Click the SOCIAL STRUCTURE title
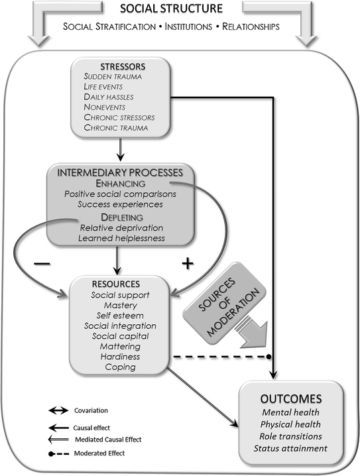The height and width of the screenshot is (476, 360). pyautogui.click(x=180, y=9)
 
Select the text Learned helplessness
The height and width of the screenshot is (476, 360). pyautogui.click(x=120, y=238)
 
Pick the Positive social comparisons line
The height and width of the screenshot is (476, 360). pyautogui.click(x=120, y=194)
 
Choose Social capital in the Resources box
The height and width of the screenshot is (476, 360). pyautogui.click(x=120, y=335)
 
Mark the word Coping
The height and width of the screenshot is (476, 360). pyautogui.click(x=120, y=367)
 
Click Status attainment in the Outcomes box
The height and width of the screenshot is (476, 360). pyautogui.click(x=290, y=448)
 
